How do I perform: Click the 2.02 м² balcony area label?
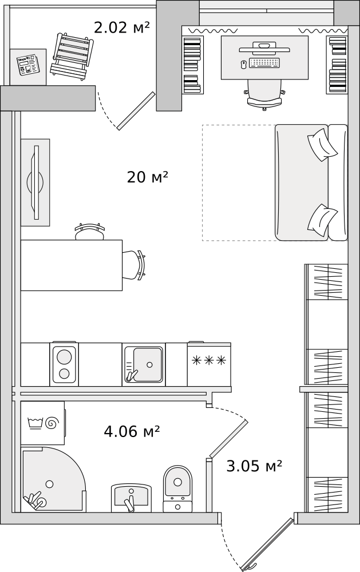(x=121, y=27)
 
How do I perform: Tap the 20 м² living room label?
(x=147, y=177)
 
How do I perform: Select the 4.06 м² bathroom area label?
(x=132, y=431)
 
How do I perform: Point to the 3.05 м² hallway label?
(x=254, y=466)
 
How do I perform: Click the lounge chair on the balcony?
(x=72, y=55)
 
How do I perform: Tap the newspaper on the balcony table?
(x=28, y=65)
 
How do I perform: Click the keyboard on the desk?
(x=264, y=63)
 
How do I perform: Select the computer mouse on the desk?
(x=244, y=65)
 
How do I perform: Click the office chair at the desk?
(x=264, y=94)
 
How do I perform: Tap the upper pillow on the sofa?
(x=322, y=144)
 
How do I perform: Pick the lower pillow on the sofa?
(x=322, y=220)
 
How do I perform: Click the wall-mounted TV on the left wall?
(x=35, y=182)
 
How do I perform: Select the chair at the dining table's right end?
(x=134, y=265)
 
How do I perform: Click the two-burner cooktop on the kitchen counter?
(x=64, y=364)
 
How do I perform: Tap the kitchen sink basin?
(x=147, y=364)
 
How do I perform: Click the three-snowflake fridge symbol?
(x=209, y=360)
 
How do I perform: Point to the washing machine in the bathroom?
(x=42, y=423)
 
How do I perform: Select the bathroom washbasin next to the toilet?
(x=131, y=496)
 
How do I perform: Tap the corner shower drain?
(x=49, y=484)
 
